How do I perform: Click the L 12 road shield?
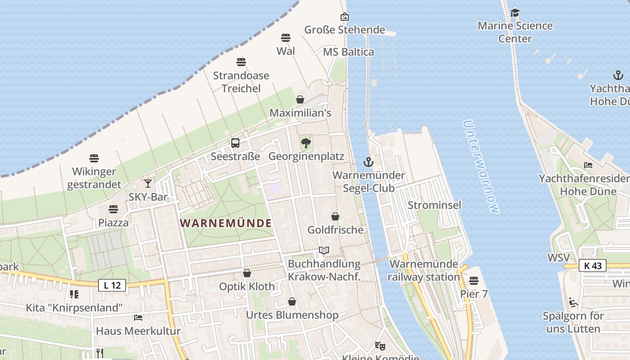coord(112,285)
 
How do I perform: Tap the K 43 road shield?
coord(593,265)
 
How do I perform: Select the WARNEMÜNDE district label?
coord(226,223)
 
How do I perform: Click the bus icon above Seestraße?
coord(235,143)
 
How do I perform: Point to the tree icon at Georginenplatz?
coord(306,143)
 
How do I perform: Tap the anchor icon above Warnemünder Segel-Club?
coord(369,162)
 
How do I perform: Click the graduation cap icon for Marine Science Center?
coord(515,13)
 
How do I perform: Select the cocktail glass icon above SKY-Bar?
coord(148,183)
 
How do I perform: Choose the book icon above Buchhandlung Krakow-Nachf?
coord(324,250)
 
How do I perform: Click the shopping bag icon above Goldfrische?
coord(335,216)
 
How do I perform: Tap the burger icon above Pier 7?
coord(473,281)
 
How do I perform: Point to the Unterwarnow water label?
coord(481,166)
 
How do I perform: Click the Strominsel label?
coord(434,205)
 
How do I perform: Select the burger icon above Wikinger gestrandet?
coord(94,158)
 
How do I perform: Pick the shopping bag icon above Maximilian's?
coord(300,99)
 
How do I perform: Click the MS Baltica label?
coord(348,52)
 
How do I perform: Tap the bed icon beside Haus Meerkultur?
coord(138,318)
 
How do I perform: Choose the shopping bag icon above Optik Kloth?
coord(247,273)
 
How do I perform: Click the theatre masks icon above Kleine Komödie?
coord(380,346)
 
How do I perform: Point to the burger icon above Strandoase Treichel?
coord(241,62)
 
